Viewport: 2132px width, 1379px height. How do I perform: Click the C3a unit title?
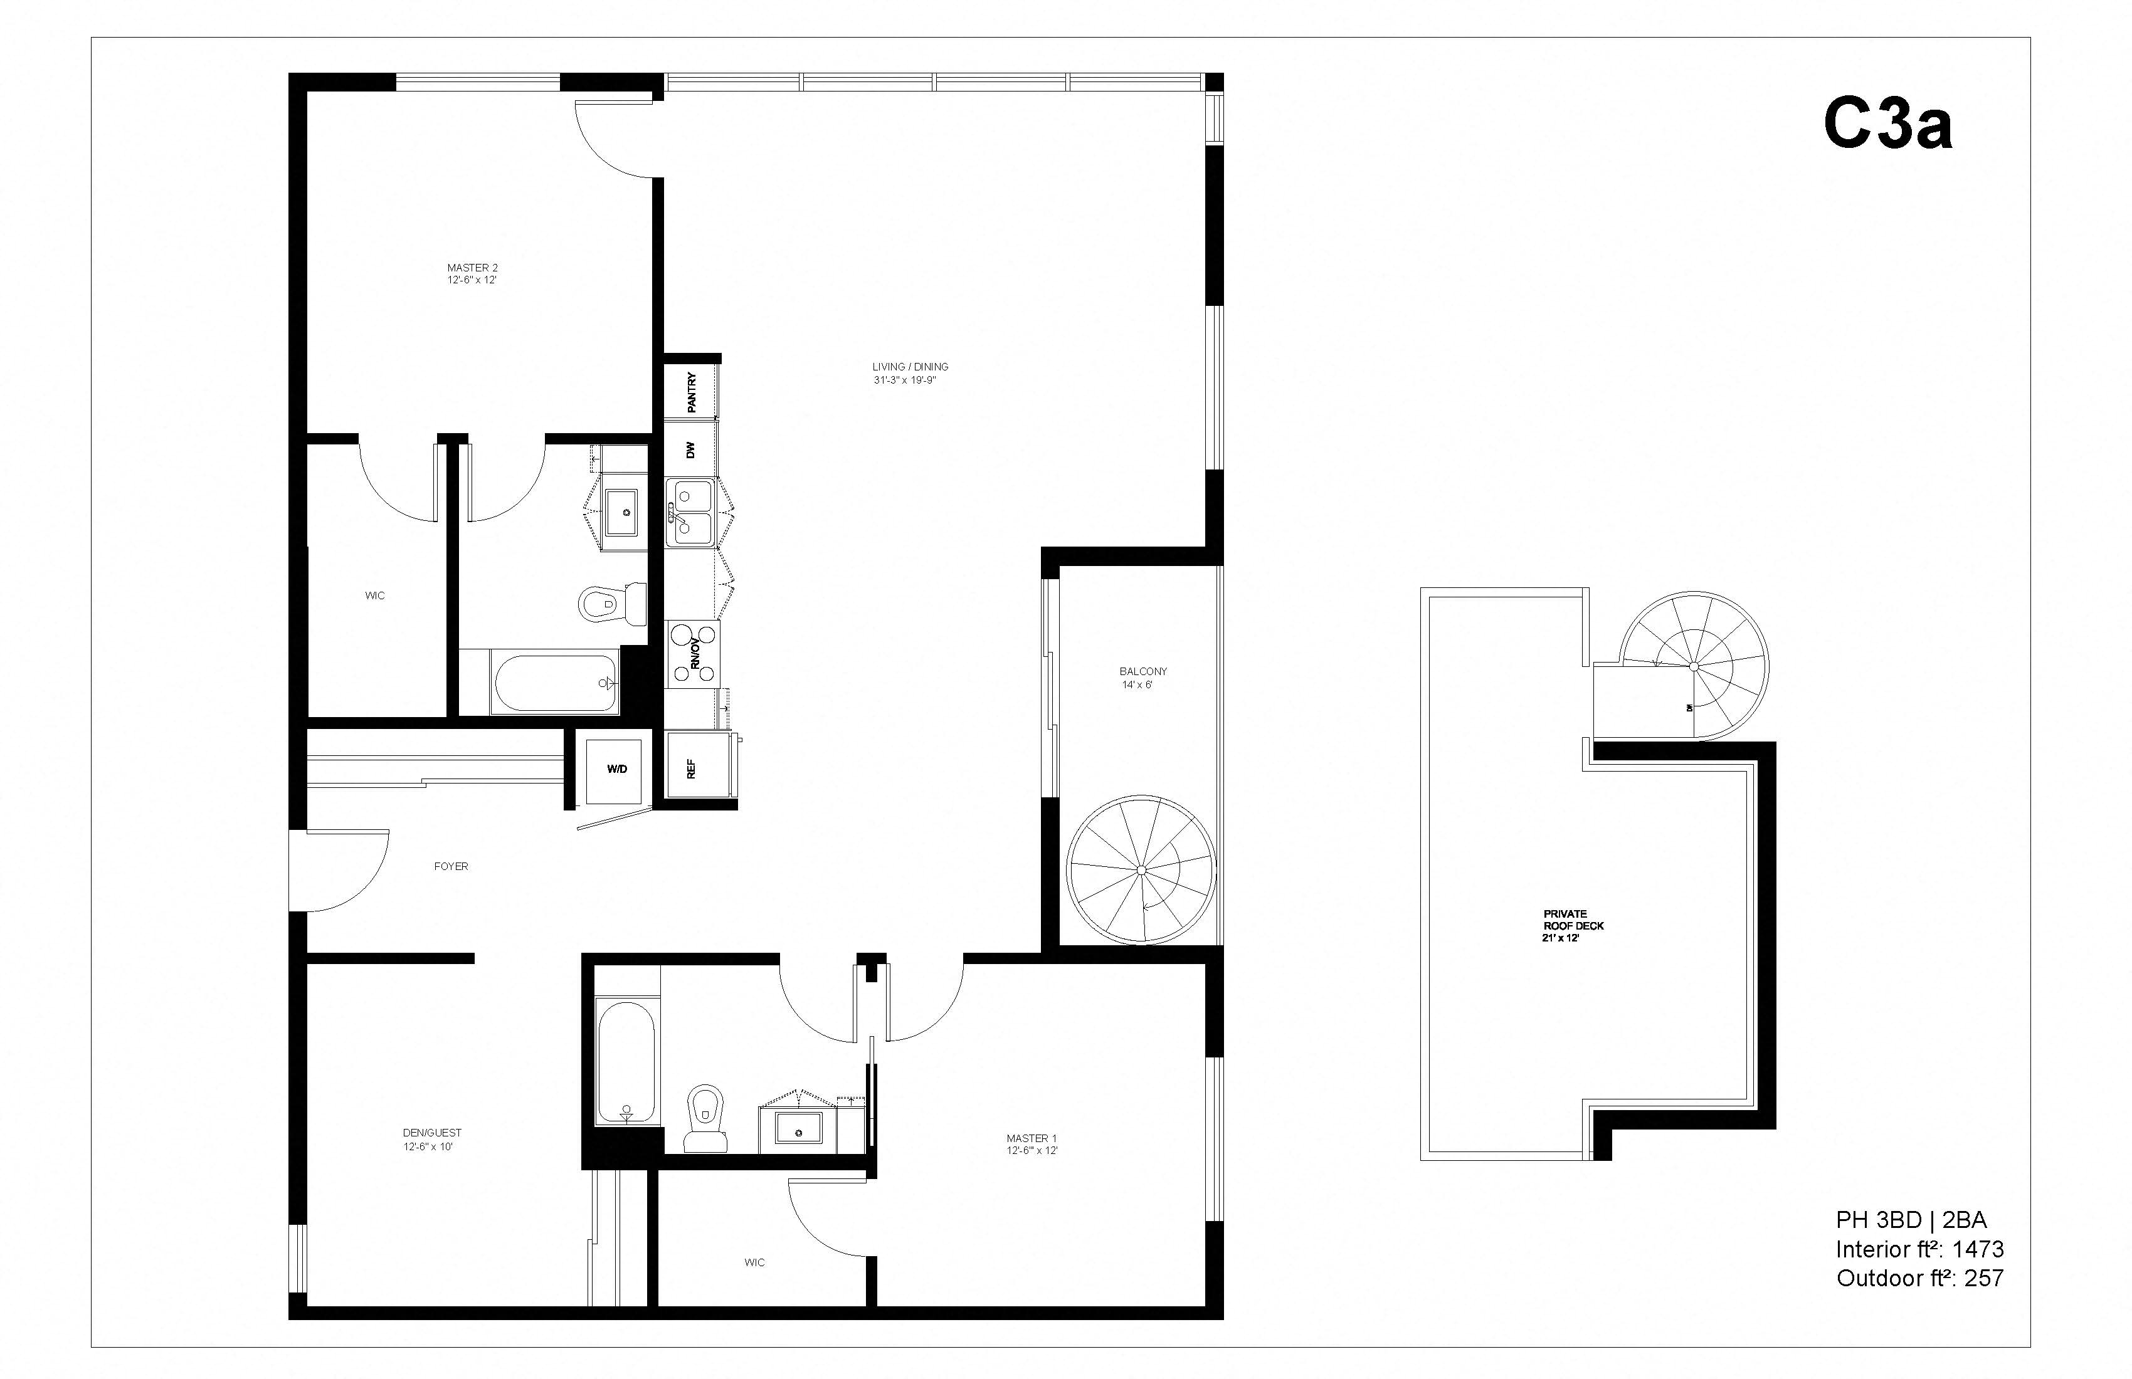(x=1887, y=125)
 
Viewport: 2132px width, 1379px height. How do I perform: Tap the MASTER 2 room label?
(x=472, y=273)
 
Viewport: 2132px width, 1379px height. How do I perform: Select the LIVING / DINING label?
(x=910, y=372)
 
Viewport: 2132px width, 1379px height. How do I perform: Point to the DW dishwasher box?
(x=690, y=449)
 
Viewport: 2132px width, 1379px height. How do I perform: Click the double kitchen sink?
(x=689, y=511)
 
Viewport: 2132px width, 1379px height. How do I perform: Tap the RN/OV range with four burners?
(x=692, y=654)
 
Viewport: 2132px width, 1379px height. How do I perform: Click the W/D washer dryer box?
(x=616, y=769)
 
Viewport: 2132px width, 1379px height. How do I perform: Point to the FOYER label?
(x=451, y=866)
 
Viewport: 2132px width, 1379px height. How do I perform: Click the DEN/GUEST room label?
(x=433, y=1139)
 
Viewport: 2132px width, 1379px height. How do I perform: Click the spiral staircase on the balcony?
(x=1141, y=869)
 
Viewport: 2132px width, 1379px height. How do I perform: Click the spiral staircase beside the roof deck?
(x=1693, y=666)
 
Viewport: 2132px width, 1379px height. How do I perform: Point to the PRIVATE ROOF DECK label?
(x=1573, y=926)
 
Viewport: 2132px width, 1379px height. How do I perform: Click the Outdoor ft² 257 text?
(x=1919, y=1278)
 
